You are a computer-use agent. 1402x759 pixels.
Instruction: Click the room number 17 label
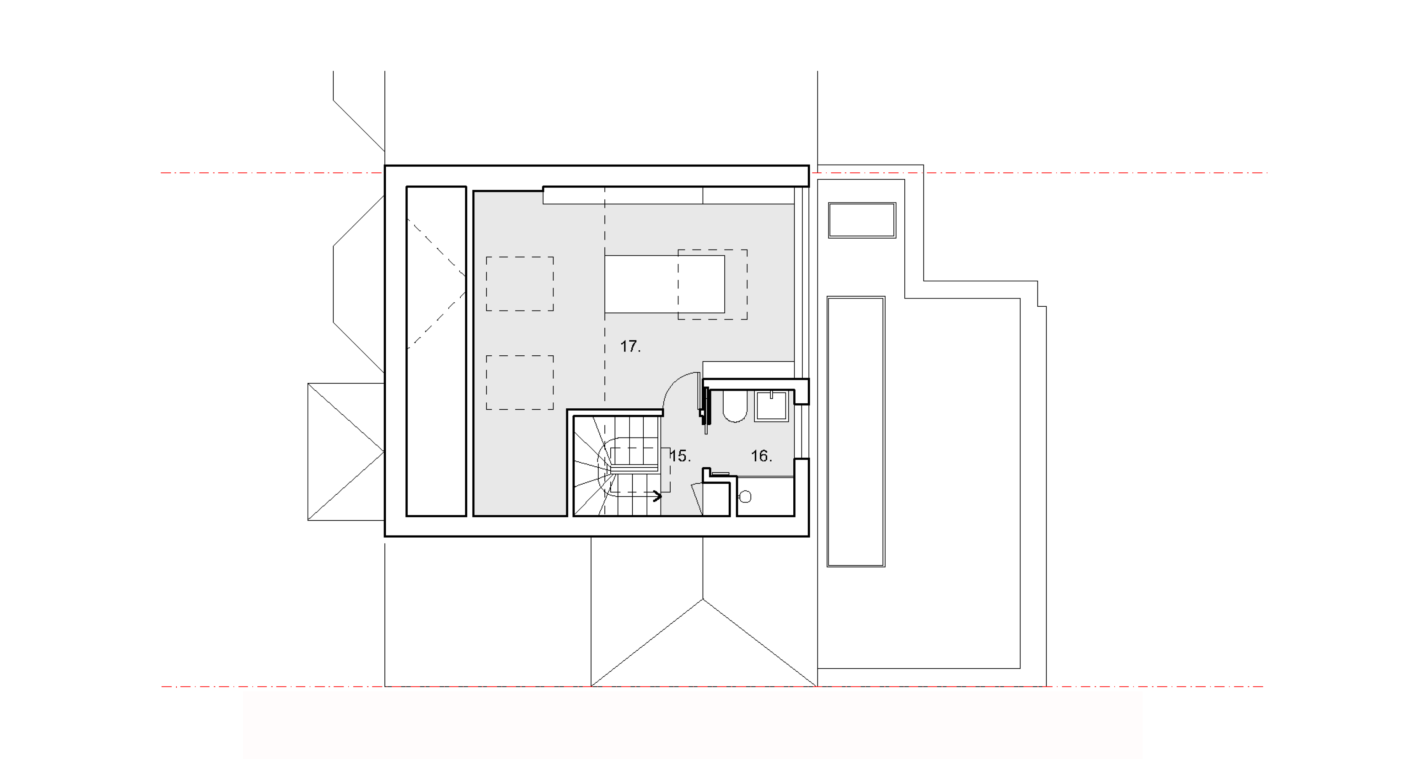630,346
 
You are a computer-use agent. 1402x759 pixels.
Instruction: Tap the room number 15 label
680,456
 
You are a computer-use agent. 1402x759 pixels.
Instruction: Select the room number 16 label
761,456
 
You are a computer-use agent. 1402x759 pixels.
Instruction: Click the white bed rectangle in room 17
664,284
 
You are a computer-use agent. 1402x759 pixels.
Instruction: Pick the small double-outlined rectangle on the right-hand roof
862,220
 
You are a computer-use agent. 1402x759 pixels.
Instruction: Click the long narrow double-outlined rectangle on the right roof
856,431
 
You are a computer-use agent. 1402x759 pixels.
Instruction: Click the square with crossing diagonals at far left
346,452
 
